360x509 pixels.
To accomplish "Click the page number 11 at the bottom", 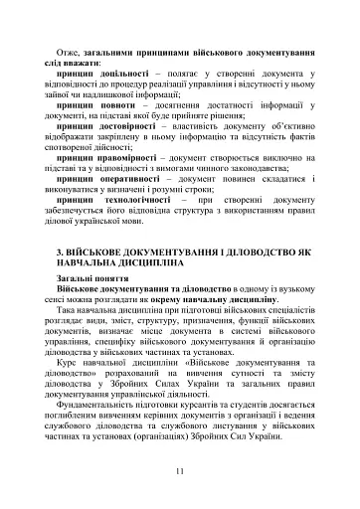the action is tap(179, 470).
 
